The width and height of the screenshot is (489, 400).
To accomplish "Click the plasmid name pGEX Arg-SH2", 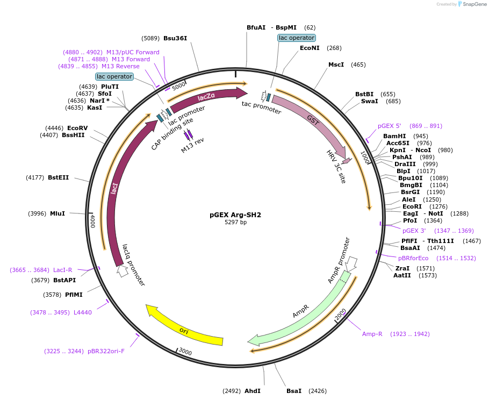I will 235,215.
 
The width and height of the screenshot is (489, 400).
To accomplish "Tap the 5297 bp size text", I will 235,222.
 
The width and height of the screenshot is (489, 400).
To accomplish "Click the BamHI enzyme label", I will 394,136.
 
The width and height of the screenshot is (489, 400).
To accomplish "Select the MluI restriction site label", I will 57,213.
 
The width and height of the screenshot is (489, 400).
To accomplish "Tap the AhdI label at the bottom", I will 252,391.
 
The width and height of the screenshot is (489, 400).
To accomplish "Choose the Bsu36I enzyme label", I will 175,38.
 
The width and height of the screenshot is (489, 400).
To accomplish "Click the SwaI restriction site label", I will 369,101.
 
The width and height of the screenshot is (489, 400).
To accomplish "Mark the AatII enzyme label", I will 402,275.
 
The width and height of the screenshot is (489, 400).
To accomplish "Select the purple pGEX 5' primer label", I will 390,126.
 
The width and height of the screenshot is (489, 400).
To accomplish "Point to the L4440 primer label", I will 83,312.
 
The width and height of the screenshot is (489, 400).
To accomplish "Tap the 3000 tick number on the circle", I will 185,352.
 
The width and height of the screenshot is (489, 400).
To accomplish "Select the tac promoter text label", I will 261,108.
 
